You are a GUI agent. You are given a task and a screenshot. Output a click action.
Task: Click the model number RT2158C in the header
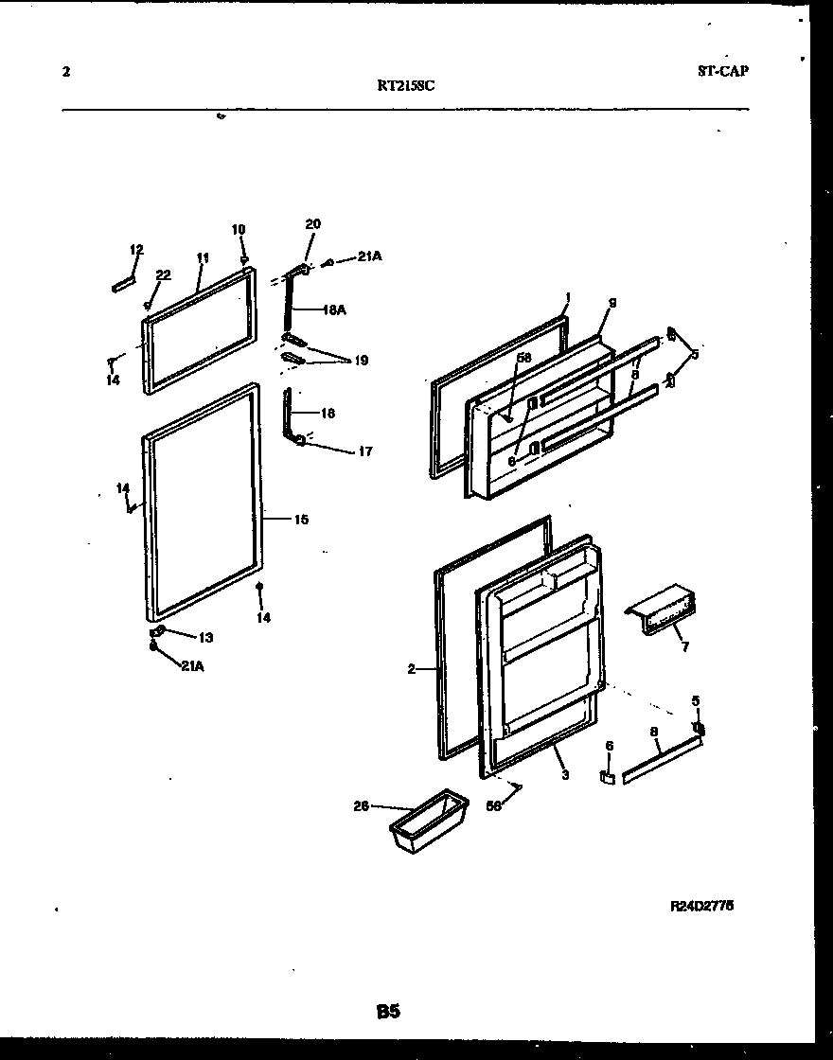coord(406,84)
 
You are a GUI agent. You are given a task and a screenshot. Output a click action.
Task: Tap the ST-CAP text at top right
coord(723,71)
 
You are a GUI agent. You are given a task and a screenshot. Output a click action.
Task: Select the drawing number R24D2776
coord(701,906)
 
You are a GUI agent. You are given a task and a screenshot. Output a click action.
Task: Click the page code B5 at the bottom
coord(387,1012)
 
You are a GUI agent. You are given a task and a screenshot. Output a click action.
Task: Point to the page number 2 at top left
coord(65,71)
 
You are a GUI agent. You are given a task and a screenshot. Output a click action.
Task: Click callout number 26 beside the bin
coord(361,806)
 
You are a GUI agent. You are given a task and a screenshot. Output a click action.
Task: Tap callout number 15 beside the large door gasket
coord(300,520)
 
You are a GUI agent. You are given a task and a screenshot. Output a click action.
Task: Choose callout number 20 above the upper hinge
coord(312,224)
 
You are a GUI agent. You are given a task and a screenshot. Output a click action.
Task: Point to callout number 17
coord(364,451)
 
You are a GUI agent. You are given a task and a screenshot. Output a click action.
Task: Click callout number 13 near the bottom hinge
coord(205,637)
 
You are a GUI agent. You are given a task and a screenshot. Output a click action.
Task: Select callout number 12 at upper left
coord(136,250)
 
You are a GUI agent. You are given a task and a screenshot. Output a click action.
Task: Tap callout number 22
coord(163,275)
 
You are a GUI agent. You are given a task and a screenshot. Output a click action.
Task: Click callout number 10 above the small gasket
coord(239,229)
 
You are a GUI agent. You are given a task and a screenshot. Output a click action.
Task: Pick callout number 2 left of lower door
coord(412,669)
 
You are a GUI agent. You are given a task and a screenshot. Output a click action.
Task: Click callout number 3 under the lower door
coord(564,775)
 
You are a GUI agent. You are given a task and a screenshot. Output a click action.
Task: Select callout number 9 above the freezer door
coord(612,303)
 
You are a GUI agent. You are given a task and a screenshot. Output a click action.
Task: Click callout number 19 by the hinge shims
coord(361,361)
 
